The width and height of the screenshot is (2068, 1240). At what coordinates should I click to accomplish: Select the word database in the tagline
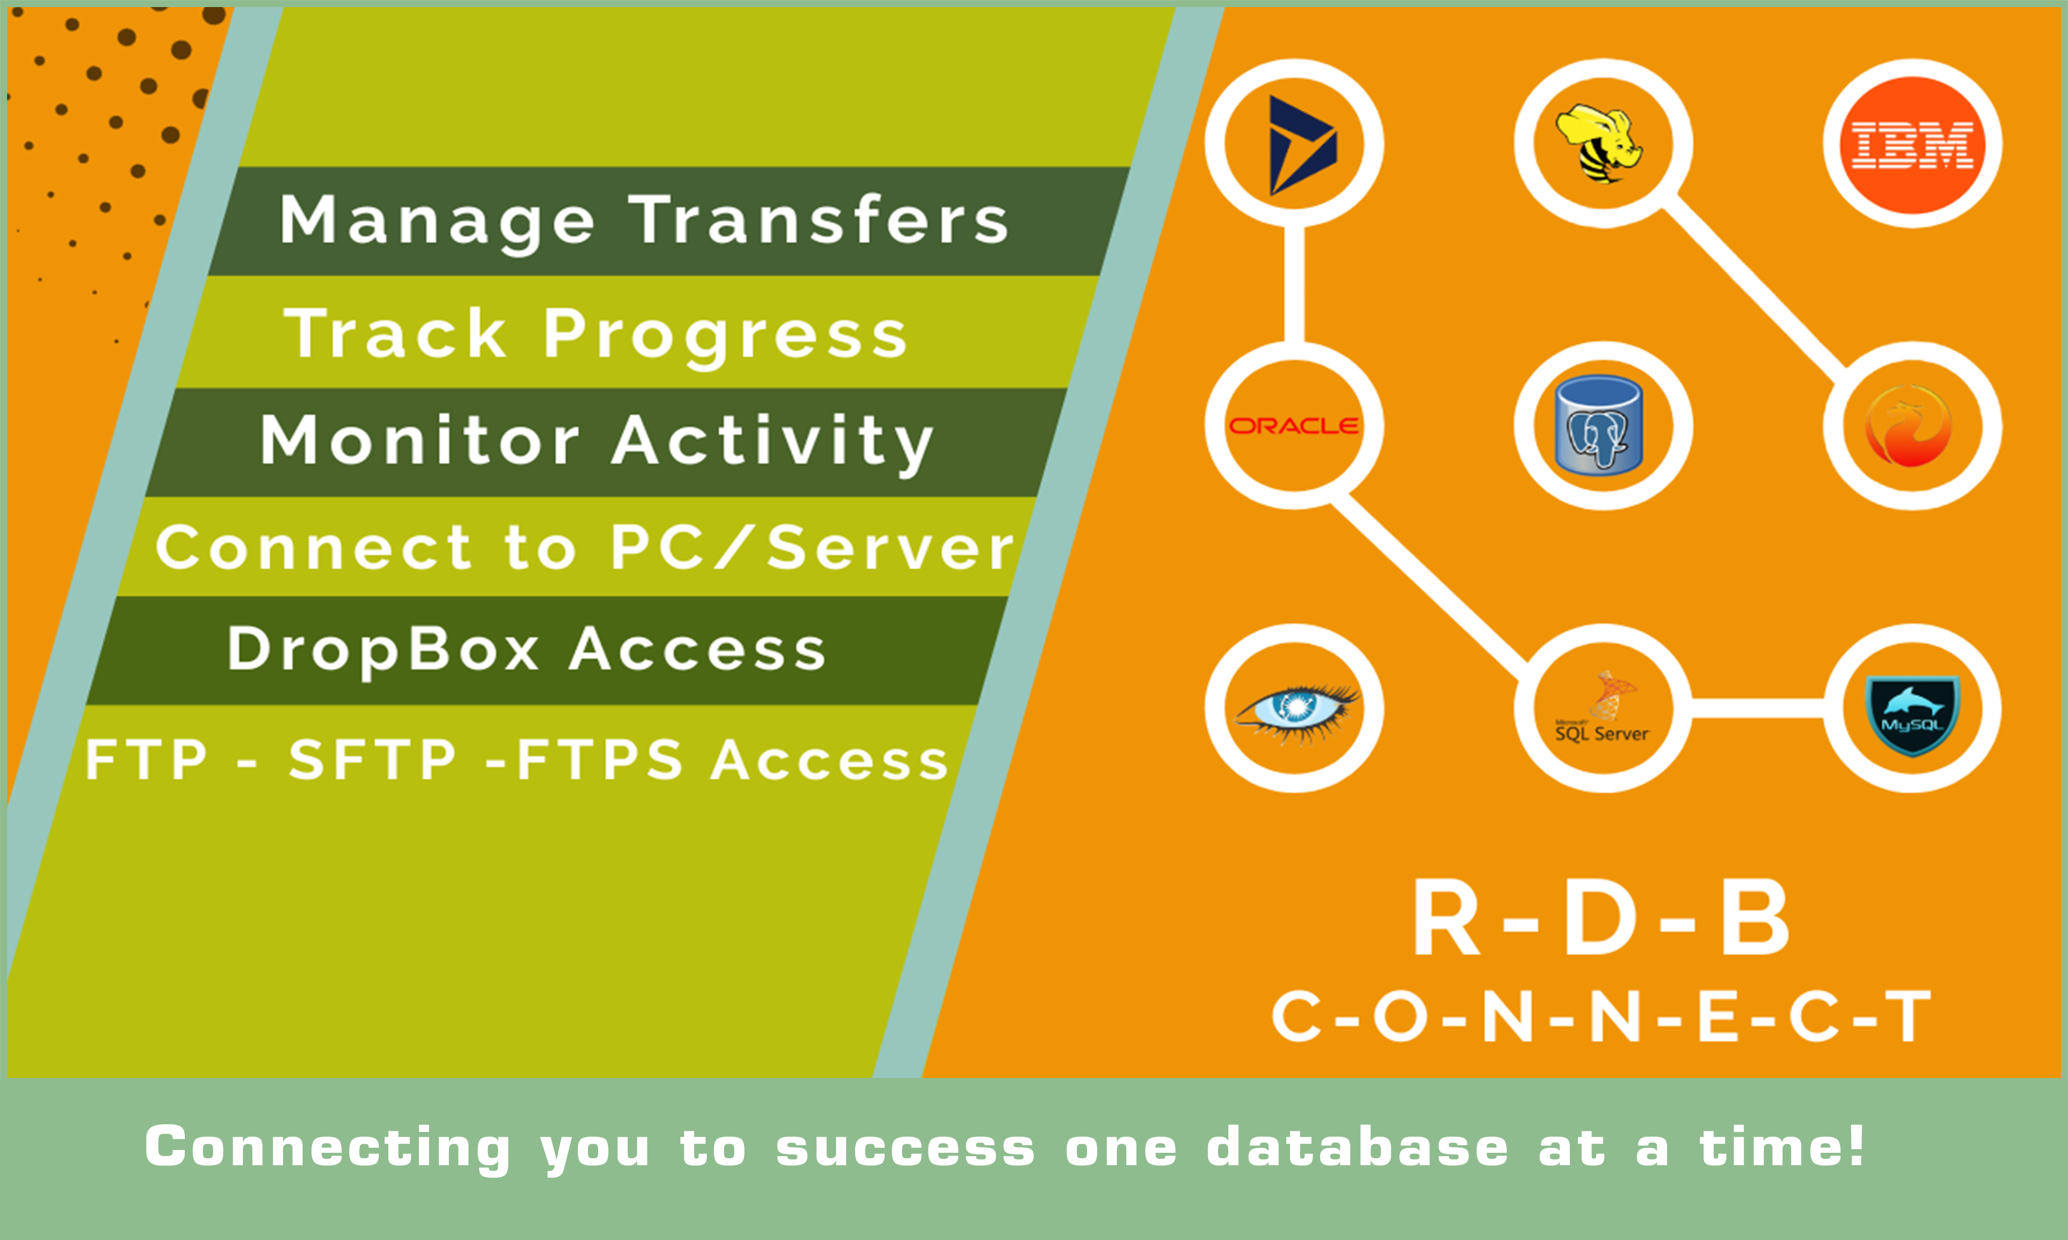coord(1357,1147)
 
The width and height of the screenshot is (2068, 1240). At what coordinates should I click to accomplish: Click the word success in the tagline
coord(905,1147)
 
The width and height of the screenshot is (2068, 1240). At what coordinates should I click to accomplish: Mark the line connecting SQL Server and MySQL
coord(1755,708)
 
